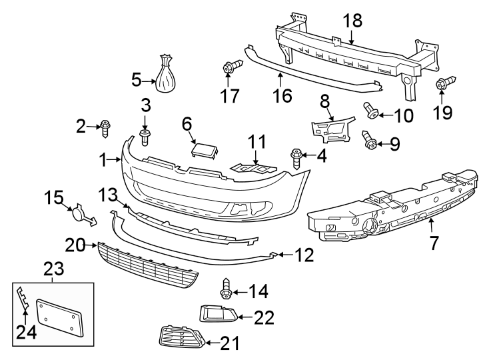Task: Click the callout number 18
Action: point(352,20)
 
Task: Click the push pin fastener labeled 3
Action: point(146,137)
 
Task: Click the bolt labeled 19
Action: point(442,86)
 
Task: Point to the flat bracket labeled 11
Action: point(253,167)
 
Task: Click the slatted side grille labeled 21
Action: point(181,341)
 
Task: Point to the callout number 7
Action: point(434,243)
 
